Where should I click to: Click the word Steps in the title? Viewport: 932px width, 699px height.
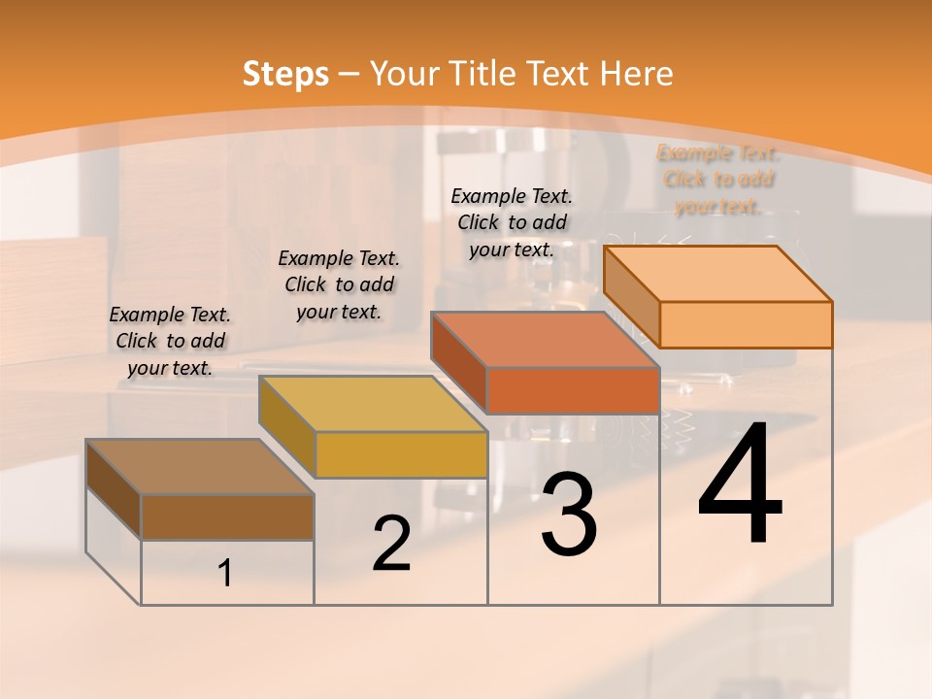284,74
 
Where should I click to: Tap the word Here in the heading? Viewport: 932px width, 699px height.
636,74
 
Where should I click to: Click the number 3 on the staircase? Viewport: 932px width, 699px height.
569,515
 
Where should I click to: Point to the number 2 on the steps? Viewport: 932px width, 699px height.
391,544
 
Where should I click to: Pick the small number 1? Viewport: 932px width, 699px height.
225,574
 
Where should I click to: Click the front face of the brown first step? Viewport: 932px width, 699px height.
227,517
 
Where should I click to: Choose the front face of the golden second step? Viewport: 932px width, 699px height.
401,454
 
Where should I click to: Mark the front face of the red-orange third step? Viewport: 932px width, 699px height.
573,390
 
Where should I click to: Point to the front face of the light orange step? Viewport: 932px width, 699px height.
746,324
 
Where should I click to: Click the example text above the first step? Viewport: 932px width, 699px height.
170,341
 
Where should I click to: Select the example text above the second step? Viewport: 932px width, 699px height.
339,284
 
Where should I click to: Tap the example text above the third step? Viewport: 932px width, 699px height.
512,222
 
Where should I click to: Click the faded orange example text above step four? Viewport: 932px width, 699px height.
718,180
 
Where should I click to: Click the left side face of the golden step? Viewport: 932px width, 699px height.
287,428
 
